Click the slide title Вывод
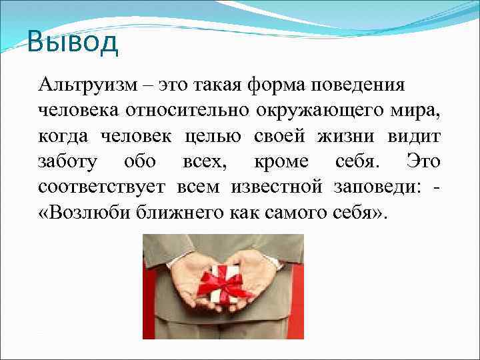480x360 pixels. point(73,43)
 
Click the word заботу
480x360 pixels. point(68,162)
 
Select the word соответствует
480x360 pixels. point(101,187)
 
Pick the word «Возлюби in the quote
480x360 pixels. point(80,213)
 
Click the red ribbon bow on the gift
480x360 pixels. point(223,279)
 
